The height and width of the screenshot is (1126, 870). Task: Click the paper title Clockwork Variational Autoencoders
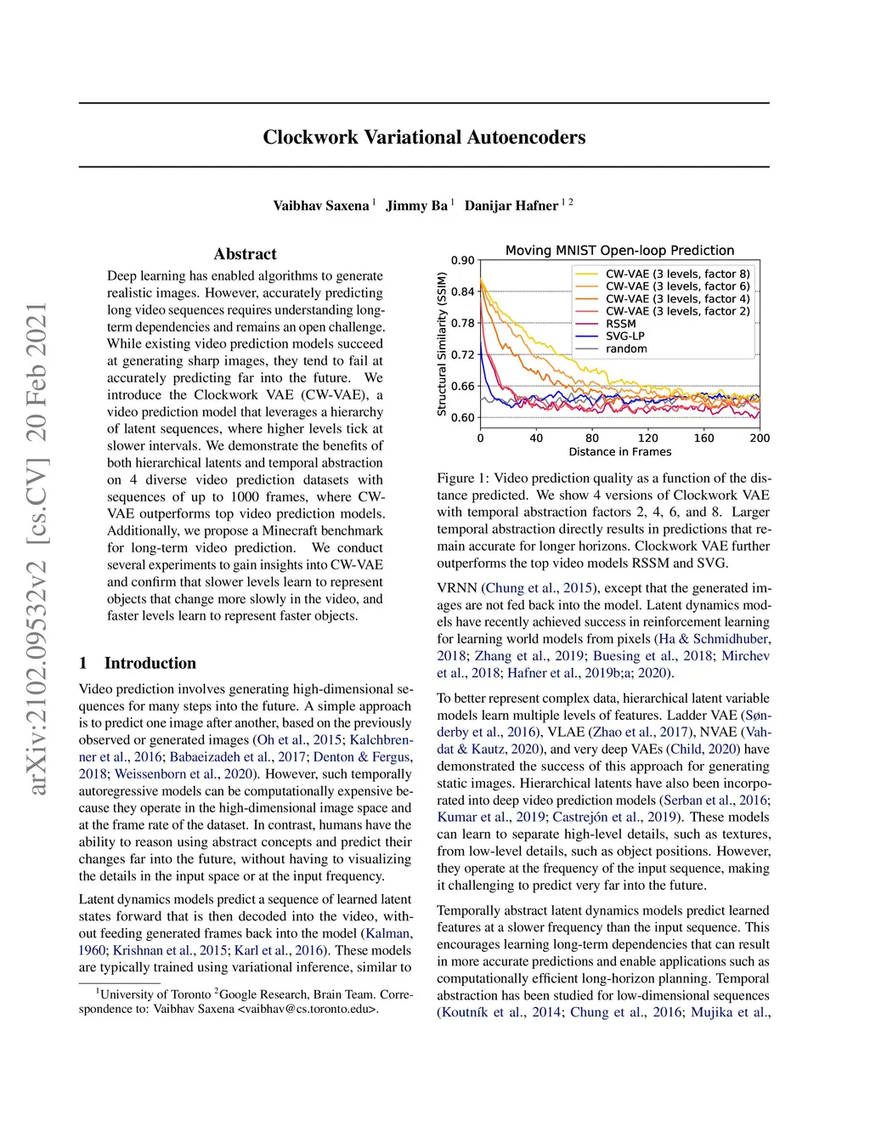click(424, 138)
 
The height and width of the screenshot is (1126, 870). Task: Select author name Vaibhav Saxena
click(320, 206)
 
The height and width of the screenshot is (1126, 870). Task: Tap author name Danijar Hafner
click(511, 206)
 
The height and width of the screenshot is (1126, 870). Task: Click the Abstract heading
click(245, 254)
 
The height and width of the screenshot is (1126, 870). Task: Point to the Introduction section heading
click(150, 664)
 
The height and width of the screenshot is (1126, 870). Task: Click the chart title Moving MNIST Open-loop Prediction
click(619, 251)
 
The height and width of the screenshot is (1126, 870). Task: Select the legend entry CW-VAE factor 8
click(677, 274)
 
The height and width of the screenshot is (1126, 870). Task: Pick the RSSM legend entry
click(620, 324)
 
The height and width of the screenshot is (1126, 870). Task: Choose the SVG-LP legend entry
click(624, 337)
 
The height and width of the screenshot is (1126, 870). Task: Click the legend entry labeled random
click(626, 349)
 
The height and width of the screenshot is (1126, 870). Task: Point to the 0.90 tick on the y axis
click(463, 261)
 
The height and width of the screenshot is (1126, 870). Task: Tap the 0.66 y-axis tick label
click(463, 387)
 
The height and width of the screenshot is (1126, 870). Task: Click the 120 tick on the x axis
click(648, 439)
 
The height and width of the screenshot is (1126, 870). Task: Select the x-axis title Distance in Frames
click(619, 452)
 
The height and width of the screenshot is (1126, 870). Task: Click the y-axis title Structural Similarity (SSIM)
click(442, 344)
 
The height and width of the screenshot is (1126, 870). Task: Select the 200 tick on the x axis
click(760, 439)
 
